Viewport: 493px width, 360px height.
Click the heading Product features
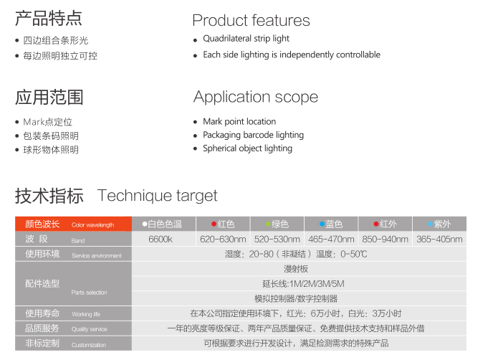tap(251, 21)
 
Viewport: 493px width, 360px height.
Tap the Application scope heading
tap(256, 98)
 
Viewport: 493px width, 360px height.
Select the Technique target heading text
tap(157, 196)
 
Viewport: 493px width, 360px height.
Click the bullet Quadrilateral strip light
tap(246, 39)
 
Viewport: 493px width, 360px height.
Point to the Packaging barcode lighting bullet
tap(253, 135)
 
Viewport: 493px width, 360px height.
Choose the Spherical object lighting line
tap(247, 148)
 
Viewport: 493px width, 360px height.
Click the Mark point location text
tap(239, 121)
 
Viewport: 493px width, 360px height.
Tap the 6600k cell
tap(161, 239)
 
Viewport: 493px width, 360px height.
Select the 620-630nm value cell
tap(223, 239)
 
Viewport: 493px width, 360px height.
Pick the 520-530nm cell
tap(277, 239)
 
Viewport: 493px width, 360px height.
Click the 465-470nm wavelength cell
tap(331, 239)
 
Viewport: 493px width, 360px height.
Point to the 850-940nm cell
tap(386, 239)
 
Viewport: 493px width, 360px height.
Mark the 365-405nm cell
tap(439, 239)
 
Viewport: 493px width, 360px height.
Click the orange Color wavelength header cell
tap(73, 224)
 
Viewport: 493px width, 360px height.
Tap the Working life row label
tap(73, 313)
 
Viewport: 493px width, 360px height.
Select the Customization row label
tap(73, 344)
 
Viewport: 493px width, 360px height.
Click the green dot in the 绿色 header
tap(268, 224)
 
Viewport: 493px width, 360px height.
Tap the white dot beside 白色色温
tap(145, 224)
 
